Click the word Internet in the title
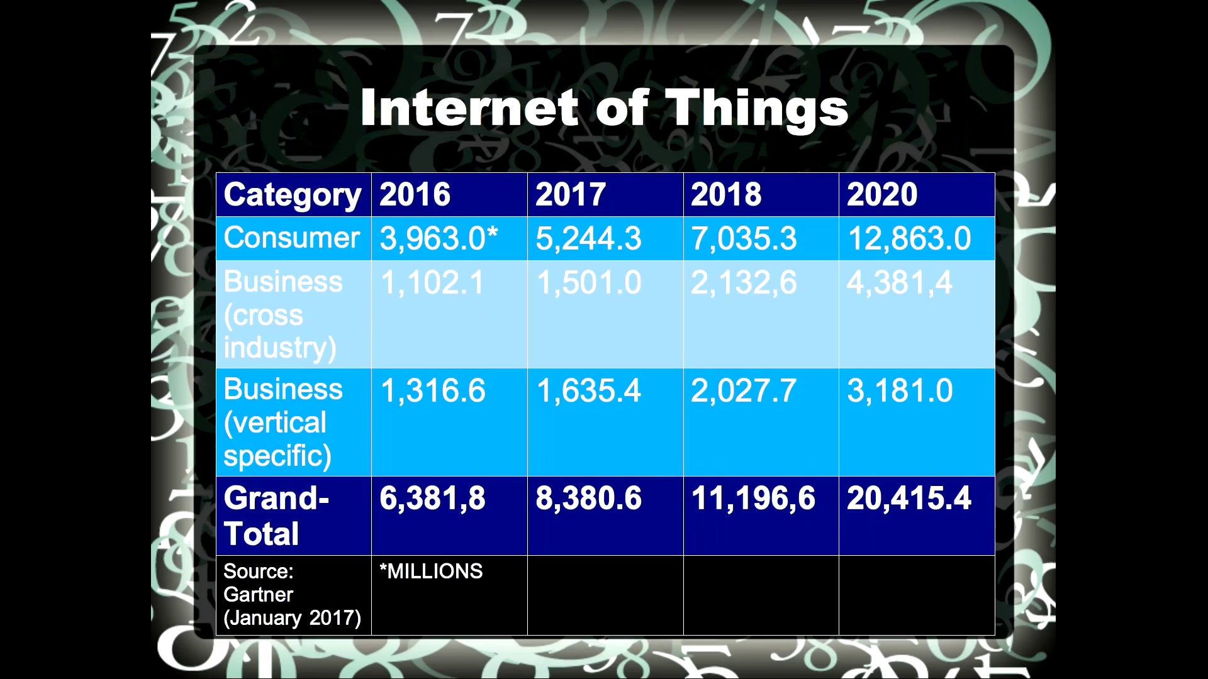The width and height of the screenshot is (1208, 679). (469, 108)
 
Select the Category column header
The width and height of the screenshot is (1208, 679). (293, 195)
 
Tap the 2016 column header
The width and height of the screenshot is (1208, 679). (415, 194)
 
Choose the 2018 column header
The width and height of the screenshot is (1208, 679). (726, 194)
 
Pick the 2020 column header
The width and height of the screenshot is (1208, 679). (882, 194)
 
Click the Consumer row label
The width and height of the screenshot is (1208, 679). (291, 238)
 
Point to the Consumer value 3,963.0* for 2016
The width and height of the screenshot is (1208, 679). (439, 239)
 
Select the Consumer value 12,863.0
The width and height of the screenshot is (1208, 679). (910, 239)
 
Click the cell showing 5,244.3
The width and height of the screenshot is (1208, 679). (588, 239)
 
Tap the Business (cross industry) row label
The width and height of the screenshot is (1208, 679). (283, 315)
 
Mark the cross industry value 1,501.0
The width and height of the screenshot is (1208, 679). (589, 283)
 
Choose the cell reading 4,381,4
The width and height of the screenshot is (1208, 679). (900, 283)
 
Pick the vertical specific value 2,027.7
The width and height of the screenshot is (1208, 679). (744, 391)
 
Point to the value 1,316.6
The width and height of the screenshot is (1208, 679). (433, 391)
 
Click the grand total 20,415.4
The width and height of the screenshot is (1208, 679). (909, 499)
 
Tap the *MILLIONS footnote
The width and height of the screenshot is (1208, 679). (431, 571)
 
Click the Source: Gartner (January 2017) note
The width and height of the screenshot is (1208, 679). (292, 595)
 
